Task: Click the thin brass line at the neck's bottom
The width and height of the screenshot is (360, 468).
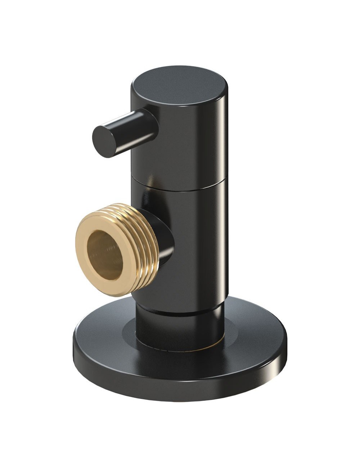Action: (202, 348)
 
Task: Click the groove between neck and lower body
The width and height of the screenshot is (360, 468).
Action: (180, 310)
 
